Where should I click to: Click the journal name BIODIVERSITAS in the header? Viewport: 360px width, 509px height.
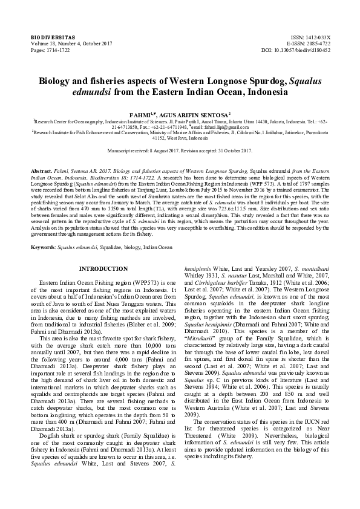(x=49, y=37)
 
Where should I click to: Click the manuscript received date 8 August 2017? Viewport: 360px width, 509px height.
(x=162, y=149)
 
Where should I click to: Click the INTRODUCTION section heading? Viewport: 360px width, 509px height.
(x=104, y=268)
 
